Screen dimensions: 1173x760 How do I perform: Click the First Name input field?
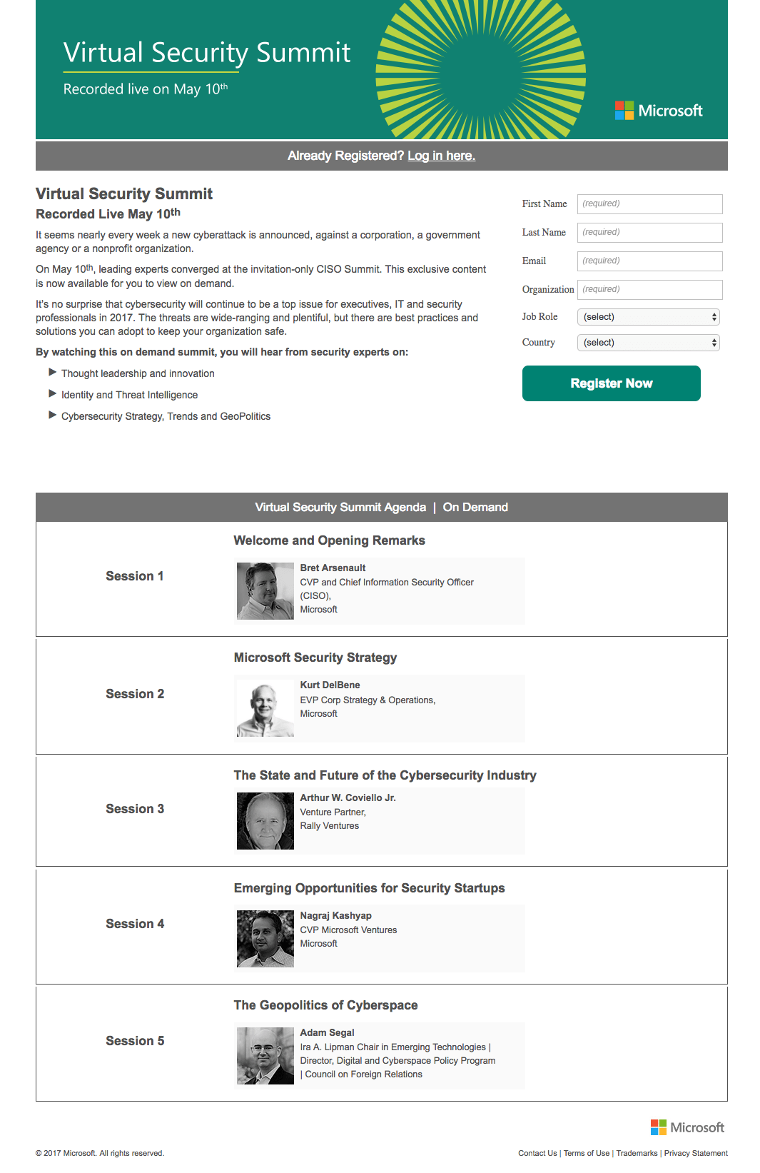(649, 203)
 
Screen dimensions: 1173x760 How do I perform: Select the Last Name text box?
(649, 232)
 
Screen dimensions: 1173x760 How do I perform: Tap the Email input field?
(649, 261)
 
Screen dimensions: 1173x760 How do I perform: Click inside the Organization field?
(649, 289)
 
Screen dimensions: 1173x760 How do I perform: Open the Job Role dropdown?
(648, 317)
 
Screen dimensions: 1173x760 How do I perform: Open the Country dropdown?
(648, 343)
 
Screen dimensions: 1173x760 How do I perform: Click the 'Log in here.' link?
(441, 156)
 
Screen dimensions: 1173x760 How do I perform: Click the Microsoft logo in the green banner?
(659, 111)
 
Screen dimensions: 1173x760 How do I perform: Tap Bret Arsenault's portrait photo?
(265, 590)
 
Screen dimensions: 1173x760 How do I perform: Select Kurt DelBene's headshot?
(265, 708)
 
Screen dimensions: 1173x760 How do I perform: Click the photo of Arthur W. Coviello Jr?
(265, 821)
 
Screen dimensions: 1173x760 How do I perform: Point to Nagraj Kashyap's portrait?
(265, 938)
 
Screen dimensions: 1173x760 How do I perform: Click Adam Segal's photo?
(265, 1056)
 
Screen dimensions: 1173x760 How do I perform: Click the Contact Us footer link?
(537, 1153)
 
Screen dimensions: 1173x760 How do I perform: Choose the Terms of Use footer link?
(587, 1153)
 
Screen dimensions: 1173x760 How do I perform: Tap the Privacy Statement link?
(696, 1153)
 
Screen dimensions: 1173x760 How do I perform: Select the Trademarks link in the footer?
(637, 1153)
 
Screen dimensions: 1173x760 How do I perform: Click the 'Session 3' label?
(135, 809)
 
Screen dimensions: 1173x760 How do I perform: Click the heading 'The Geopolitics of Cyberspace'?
(325, 1005)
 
